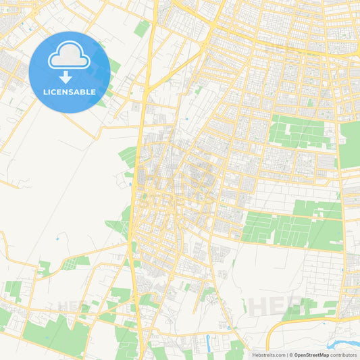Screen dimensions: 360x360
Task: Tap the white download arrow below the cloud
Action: pyautogui.click(x=66, y=77)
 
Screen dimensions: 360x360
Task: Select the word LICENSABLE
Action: pyautogui.click(x=69, y=91)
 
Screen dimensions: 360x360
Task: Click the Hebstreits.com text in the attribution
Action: pyautogui.click(x=267, y=355)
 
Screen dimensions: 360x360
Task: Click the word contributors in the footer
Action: pyautogui.click(x=344, y=355)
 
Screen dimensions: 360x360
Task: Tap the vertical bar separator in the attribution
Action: pyautogui.click(x=286, y=355)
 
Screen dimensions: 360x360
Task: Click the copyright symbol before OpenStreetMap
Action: pyautogui.click(x=290, y=355)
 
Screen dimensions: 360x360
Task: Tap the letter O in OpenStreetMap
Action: pyautogui.click(x=296, y=355)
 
